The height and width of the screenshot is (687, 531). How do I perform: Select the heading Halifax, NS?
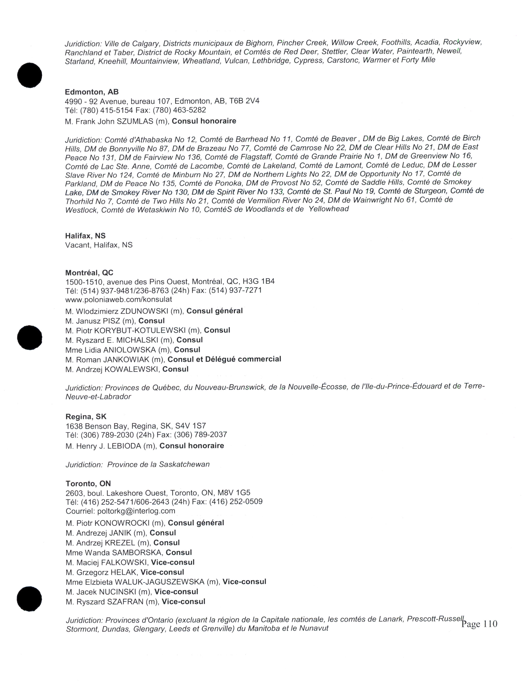(x=85, y=236)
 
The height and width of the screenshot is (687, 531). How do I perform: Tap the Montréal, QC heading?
(x=89, y=273)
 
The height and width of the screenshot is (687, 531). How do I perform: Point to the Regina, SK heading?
(x=86, y=417)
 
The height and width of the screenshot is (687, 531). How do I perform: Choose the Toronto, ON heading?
(x=88, y=483)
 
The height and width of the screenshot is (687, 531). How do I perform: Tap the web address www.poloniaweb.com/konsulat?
(x=119, y=299)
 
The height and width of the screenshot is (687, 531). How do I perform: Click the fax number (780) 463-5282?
(x=188, y=110)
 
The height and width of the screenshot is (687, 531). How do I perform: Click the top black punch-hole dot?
(x=30, y=76)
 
